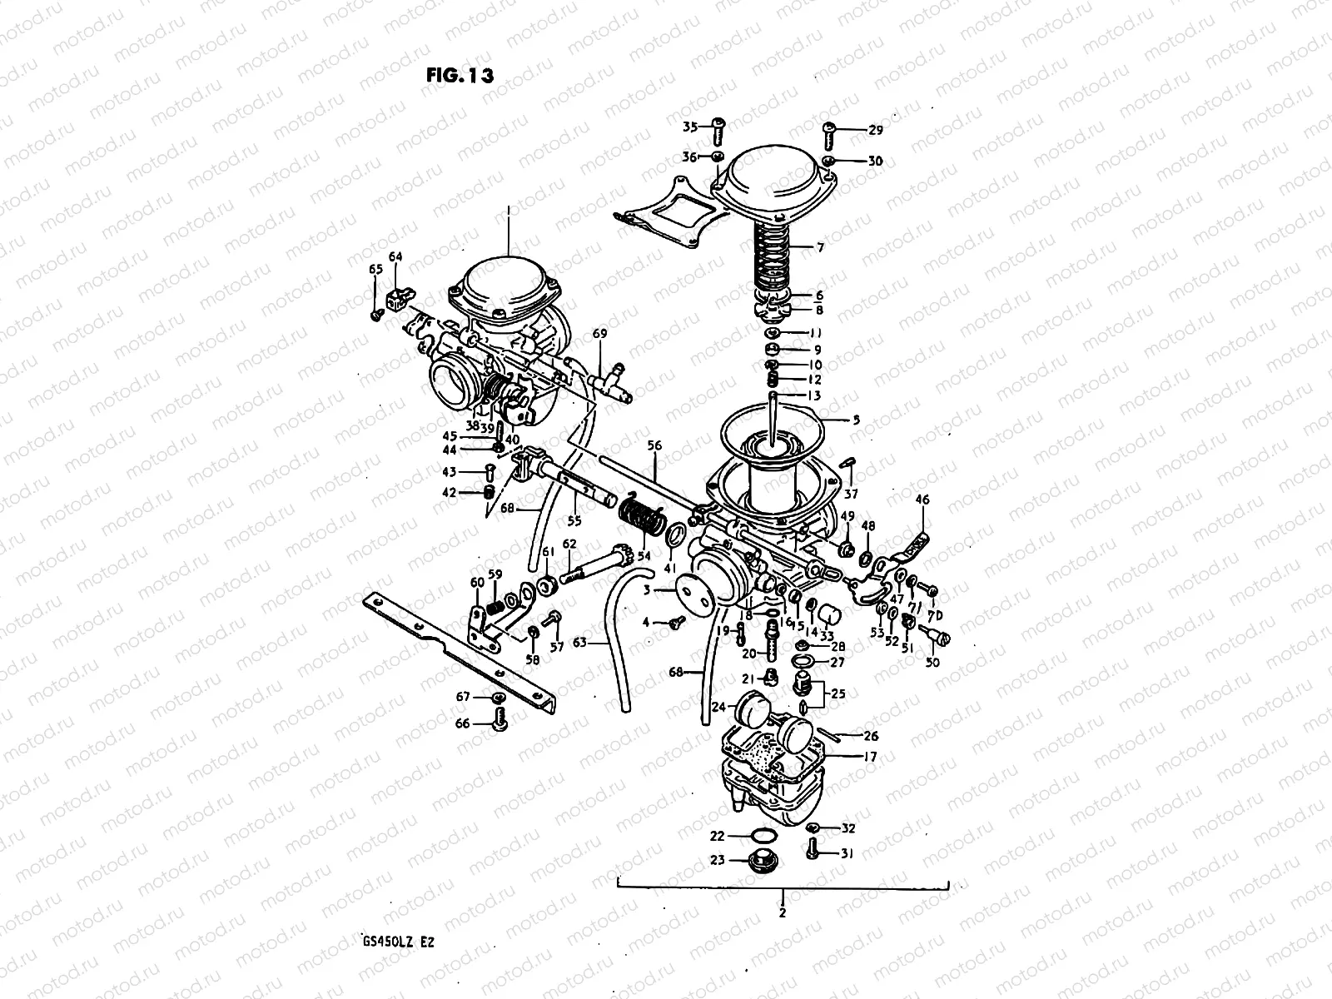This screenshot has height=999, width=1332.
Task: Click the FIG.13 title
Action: point(460,75)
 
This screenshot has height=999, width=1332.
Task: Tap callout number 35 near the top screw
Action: point(690,127)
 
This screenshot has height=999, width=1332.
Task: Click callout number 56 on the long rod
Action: point(654,446)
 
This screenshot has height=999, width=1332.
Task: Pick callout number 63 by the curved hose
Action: point(579,642)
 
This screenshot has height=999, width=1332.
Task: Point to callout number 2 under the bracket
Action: point(782,912)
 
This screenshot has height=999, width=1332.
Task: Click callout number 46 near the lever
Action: point(922,499)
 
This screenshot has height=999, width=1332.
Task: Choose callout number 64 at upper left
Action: point(395,257)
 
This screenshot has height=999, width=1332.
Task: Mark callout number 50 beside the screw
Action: point(932,663)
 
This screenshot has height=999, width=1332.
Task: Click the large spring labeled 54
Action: point(641,518)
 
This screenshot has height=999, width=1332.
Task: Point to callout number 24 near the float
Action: point(718,708)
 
